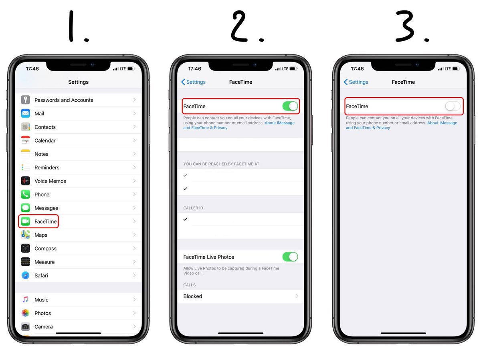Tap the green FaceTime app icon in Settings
click(x=26, y=221)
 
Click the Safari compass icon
click(x=26, y=276)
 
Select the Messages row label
click(x=46, y=208)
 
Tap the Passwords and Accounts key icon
click(x=26, y=100)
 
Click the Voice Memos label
click(x=50, y=181)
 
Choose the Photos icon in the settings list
click(x=26, y=313)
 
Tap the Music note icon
click(x=26, y=300)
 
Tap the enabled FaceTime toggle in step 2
click(x=290, y=106)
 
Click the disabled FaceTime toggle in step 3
click(x=453, y=106)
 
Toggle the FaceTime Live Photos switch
click(x=290, y=257)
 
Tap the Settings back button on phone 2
click(x=194, y=82)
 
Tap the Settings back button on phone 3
click(x=356, y=82)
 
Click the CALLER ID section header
click(x=193, y=208)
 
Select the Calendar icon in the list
click(x=26, y=141)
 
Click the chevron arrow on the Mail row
click(x=134, y=114)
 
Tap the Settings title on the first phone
click(x=78, y=82)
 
